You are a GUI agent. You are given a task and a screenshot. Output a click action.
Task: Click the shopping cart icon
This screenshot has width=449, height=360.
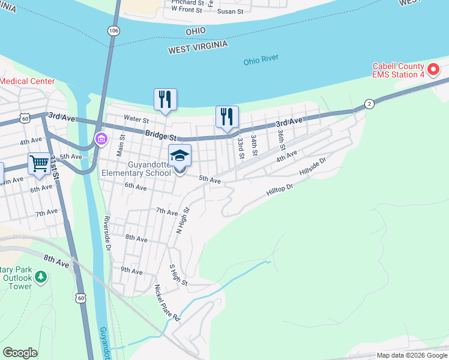[x=39, y=163]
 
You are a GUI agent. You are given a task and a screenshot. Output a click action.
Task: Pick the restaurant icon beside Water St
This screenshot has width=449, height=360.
[x=166, y=100]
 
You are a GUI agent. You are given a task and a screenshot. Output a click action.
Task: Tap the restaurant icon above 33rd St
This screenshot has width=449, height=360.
[x=227, y=116]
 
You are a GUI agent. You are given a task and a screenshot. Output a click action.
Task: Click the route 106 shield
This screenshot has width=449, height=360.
[x=113, y=30]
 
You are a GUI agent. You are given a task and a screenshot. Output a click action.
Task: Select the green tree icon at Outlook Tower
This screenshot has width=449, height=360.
[x=40, y=277]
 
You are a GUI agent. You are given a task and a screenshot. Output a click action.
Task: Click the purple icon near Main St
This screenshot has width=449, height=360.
[x=101, y=140]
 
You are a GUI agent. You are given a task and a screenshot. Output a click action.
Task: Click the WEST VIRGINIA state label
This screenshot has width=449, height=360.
[x=198, y=46]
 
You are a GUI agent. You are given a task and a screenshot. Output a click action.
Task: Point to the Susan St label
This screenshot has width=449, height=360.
[x=230, y=11]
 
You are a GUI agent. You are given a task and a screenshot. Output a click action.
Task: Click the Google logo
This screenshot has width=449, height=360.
[x=20, y=353]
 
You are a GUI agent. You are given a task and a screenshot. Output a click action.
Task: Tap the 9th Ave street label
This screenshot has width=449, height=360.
[x=131, y=271]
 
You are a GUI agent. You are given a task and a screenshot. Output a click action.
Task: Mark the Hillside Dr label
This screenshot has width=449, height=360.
[x=313, y=166]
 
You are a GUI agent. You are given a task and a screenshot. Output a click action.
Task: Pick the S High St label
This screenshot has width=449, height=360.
[x=178, y=275]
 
